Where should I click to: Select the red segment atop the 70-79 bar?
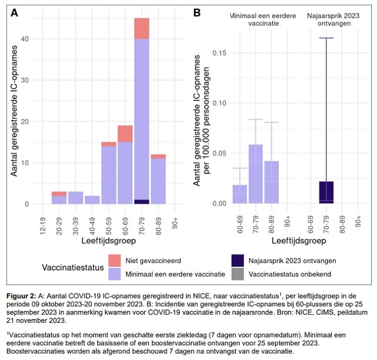click(141, 28)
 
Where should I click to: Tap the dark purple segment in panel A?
click(141, 202)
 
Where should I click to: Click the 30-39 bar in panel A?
click(75, 198)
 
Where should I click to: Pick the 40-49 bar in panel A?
click(92, 200)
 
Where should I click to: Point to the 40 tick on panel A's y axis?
click(25, 39)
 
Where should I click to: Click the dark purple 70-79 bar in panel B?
click(326, 193)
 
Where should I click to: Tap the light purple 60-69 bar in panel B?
click(240, 194)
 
